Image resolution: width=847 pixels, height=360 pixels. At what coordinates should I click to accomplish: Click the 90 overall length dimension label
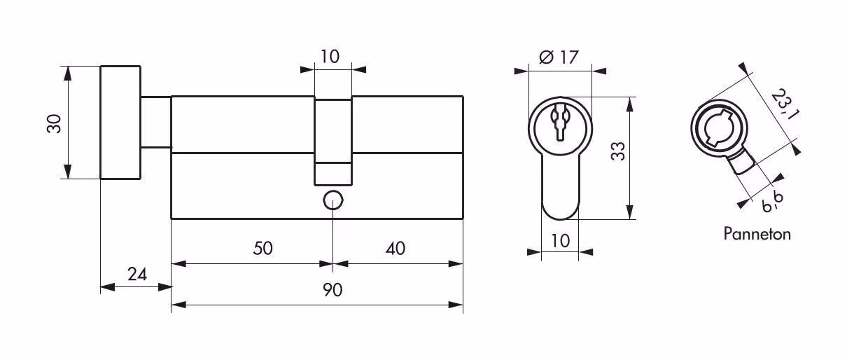pos(332,290)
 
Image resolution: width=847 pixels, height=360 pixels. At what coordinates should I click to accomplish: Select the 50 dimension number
pos(262,248)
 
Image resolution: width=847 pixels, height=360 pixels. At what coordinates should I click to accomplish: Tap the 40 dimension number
pos(395,249)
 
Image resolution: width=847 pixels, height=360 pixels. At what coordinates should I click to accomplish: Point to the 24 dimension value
pos(137,274)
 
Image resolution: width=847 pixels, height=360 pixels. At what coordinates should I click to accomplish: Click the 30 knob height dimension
pos(54,123)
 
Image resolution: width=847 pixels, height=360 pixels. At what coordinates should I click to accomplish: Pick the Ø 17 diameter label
pos(559,57)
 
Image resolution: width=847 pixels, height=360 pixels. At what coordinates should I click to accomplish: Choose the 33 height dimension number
pos(618,151)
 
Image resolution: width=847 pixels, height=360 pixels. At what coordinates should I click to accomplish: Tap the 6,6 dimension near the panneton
pos(773,202)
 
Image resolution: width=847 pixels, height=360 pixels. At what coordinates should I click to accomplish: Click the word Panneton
pos(757,234)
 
